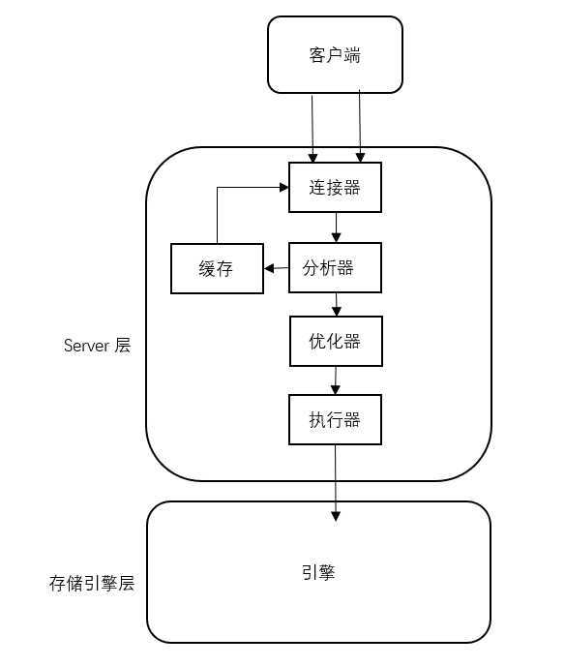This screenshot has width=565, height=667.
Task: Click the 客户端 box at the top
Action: pos(335,54)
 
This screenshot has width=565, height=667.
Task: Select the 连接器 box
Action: pos(336,188)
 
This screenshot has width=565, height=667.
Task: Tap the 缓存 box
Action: pos(217,268)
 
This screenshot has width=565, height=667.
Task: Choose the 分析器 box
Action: pos(336,267)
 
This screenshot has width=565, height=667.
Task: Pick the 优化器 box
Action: pos(336,342)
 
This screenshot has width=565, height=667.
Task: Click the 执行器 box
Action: pos(336,420)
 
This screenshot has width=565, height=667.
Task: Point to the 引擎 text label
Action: pos(317,572)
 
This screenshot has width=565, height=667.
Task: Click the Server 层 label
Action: pos(97,346)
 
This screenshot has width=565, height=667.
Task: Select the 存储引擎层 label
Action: pos(91,584)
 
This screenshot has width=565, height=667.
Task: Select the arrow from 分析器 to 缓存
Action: pos(277,268)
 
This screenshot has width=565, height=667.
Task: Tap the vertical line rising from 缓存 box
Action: pos(218,215)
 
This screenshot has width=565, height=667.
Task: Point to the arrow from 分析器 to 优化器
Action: pos(336,305)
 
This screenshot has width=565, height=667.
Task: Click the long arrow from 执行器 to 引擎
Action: pos(336,479)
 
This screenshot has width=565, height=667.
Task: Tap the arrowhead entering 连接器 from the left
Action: pos(283,188)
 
